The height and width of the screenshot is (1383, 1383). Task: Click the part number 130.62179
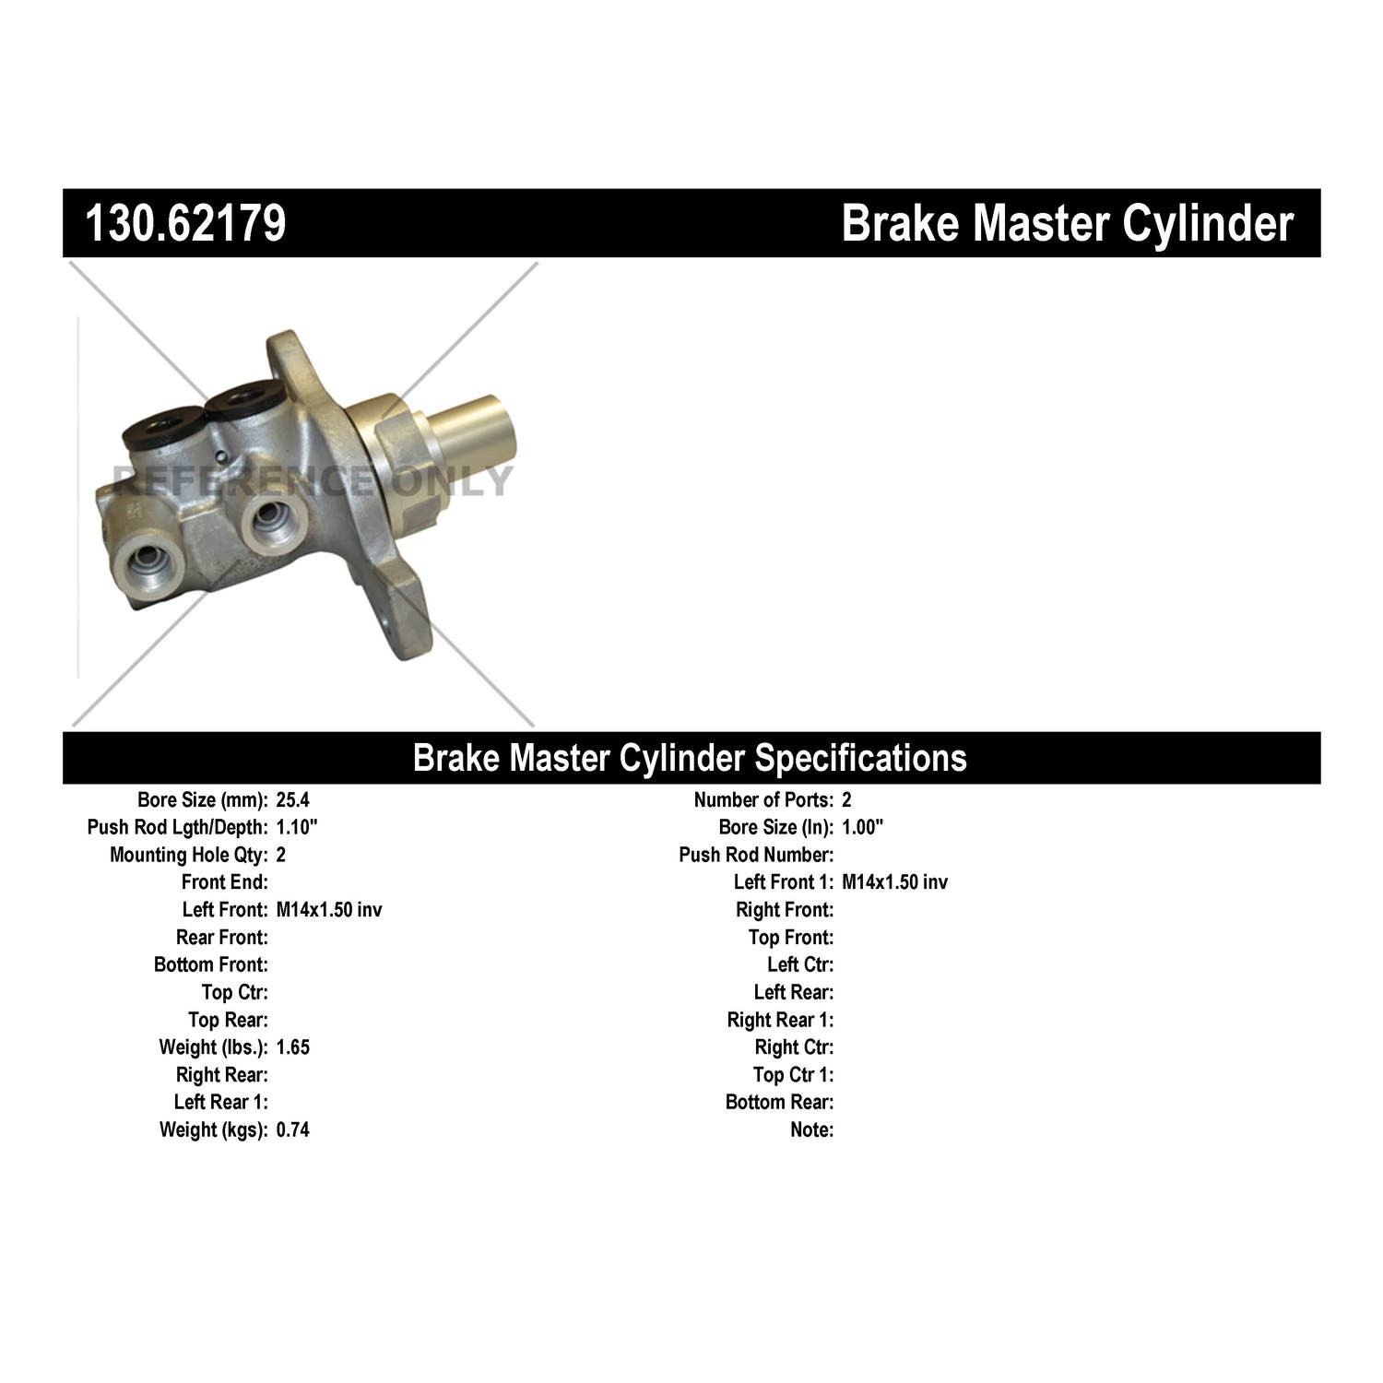click(x=185, y=223)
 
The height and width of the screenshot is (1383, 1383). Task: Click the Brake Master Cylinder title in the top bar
click(x=1067, y=223)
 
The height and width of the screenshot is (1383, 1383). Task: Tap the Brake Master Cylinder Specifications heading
click(x=690, y=758)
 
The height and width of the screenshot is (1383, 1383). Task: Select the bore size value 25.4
click(x=292, y=799)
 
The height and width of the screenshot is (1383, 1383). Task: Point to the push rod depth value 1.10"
click(x=297, y=827)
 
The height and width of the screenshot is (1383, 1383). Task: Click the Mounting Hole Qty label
click(x=189, y=855)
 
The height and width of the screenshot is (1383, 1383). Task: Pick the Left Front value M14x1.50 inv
click(x=329, y=910)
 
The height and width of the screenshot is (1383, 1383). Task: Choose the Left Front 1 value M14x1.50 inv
click(x=894, y=882)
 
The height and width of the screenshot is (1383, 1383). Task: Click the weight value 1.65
click(x=293, y=1047)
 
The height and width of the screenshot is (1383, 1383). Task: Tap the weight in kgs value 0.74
click(x=293, y=1129)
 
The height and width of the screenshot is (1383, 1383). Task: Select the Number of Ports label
click(x=763, y=799)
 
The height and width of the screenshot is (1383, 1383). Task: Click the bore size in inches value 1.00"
click(x=862, y=827)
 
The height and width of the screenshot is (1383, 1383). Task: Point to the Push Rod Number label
click(x=756, y=855)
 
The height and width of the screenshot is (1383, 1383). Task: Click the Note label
click(x=812, y=1129)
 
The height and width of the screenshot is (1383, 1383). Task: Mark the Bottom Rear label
click(x=779, y=1102)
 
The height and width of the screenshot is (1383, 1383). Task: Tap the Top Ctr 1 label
click(x=793, y=1074)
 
